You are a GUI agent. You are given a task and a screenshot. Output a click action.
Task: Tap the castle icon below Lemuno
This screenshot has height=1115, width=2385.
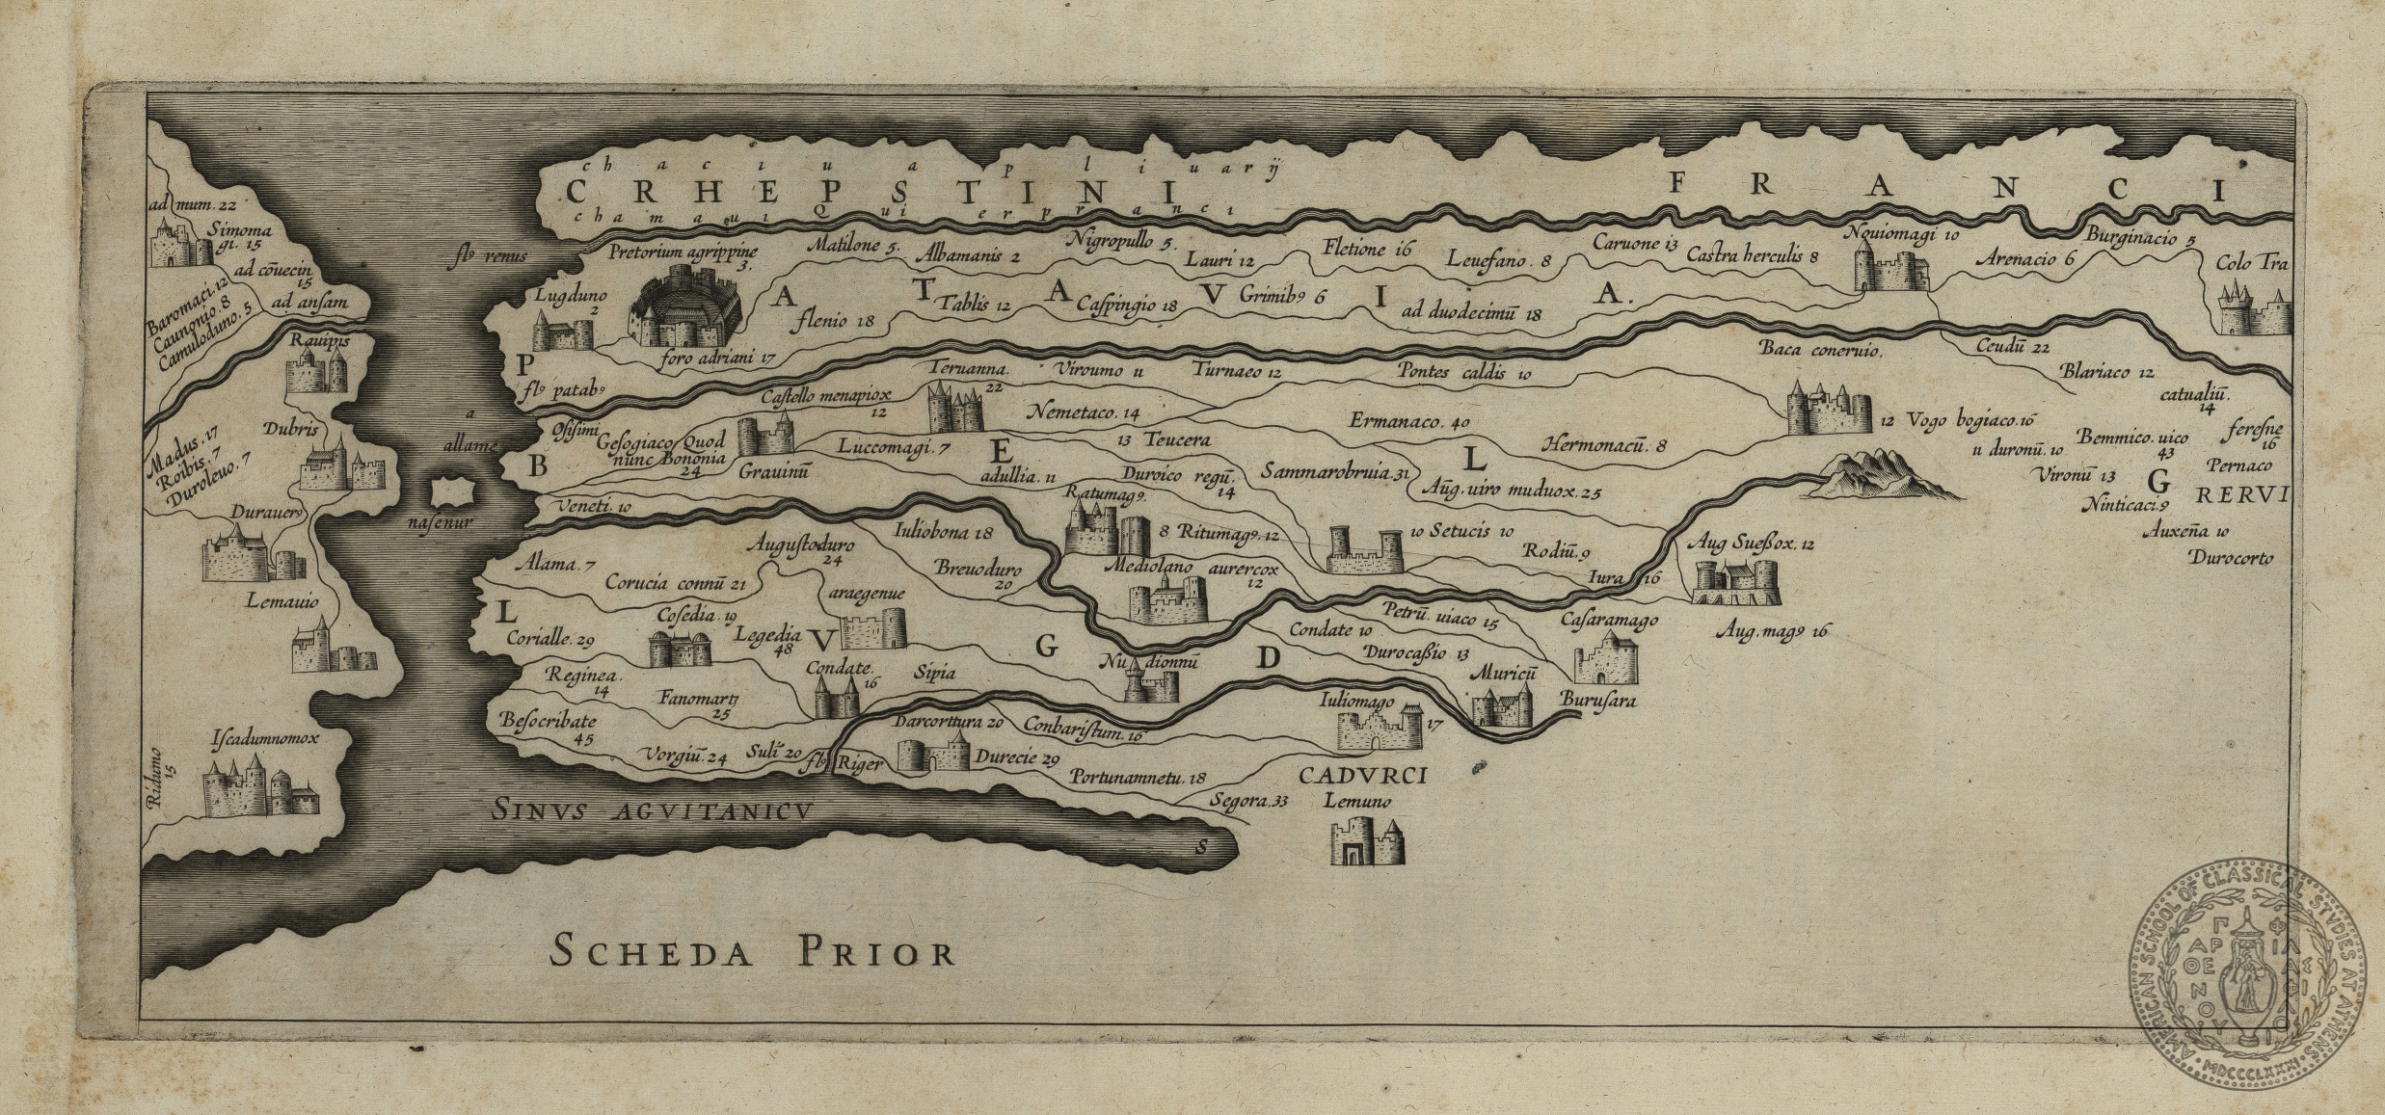tap(1367, 843)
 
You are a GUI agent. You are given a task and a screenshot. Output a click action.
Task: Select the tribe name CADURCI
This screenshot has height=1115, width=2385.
tap(1361, 776)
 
